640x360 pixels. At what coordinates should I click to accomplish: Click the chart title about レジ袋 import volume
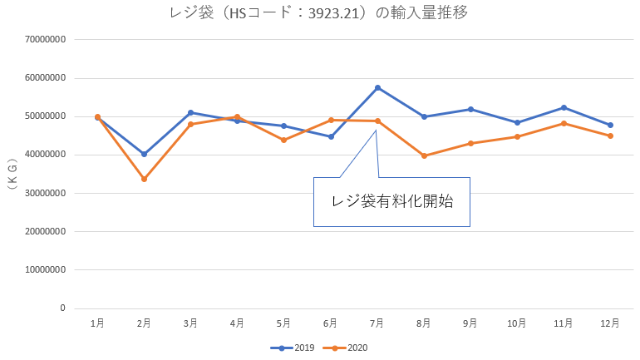click(x=321, y=12)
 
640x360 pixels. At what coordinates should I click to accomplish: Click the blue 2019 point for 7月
click(x=377, y=87)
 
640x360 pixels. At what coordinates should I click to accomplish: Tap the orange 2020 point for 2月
click(x=144, y=179)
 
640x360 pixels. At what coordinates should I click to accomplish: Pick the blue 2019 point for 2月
click(x=144, y=154)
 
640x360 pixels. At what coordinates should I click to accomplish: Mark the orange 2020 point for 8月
click(x=424, y=155)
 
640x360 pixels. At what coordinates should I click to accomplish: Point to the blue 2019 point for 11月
click(x=564, y=107)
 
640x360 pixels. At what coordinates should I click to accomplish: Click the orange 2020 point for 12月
click(x=610, y=136)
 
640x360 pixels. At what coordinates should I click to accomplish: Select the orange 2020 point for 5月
click(x=283, y=140)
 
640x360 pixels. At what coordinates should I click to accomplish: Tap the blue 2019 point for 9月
click(x=470, y=109)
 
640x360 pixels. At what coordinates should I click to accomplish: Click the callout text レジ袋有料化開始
click(x=391, y=201)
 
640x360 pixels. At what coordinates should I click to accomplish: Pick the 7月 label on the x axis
click(x=377, y=323)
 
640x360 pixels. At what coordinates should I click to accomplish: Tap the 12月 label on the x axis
click(x=610, y=323)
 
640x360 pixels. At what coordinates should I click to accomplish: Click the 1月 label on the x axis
click(x=97, y=323)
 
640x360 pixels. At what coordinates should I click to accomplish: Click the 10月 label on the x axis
click(x=517, y=323)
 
